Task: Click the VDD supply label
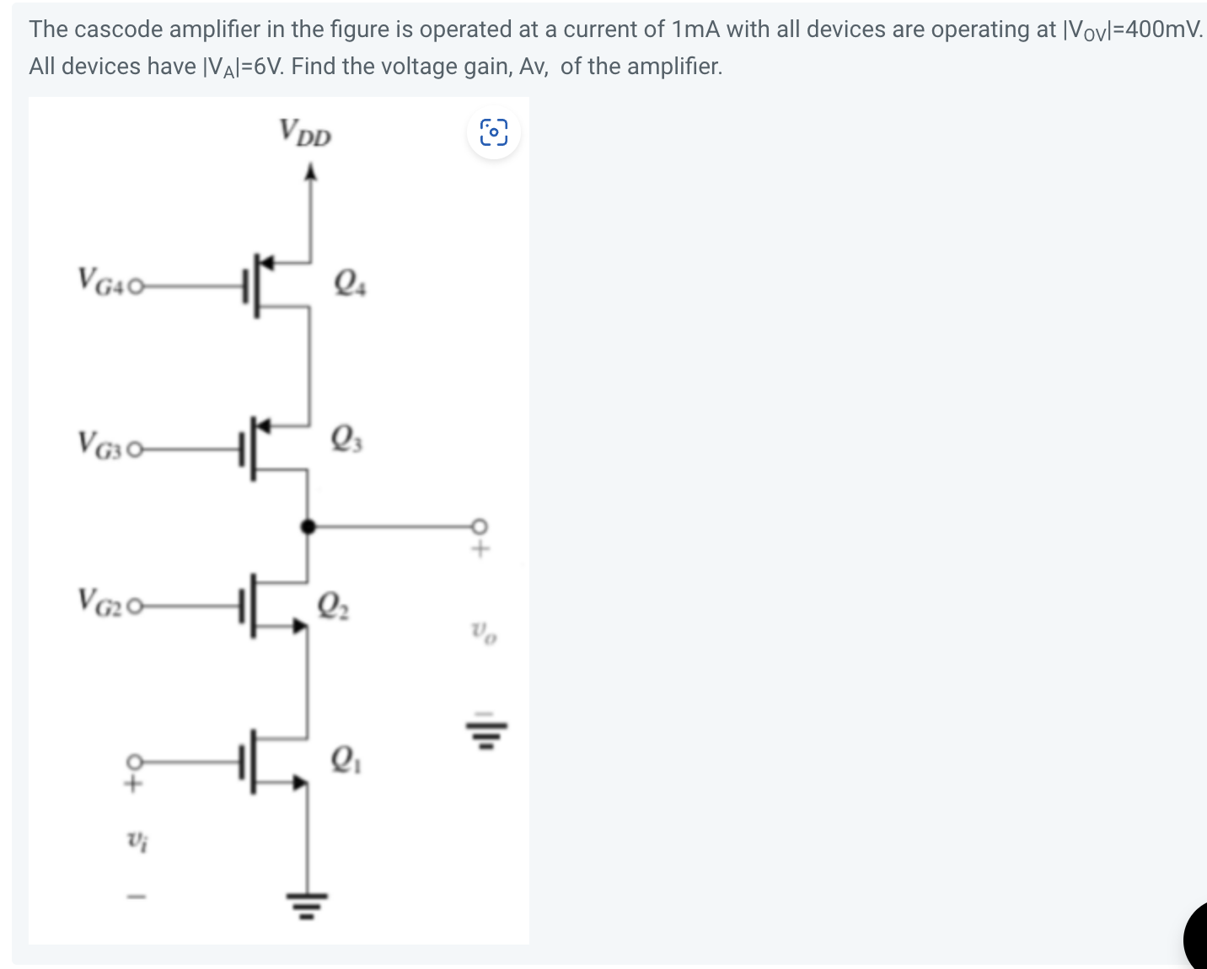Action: (305, 132)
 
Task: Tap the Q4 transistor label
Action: (350, 281)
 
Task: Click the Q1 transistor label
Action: (346, 760)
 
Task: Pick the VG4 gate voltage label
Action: (104, 281)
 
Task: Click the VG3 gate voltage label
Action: (104, 444)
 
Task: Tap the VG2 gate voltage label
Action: (104, 601)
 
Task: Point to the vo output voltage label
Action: (484, 631)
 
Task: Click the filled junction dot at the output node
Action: (308, 527)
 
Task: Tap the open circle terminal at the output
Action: (480, 527)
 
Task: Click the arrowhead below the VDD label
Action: (311, 173)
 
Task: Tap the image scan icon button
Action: (494, 132)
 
